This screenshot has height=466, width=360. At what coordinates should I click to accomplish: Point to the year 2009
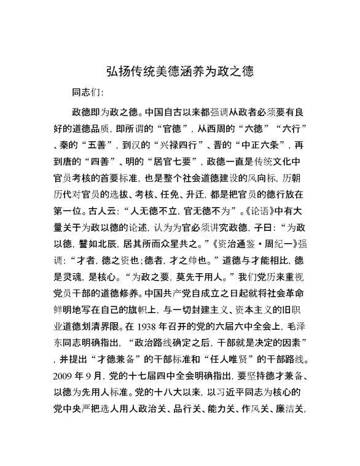tap(64, 373)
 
